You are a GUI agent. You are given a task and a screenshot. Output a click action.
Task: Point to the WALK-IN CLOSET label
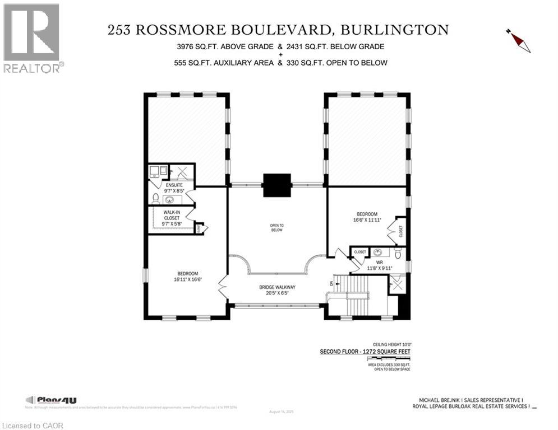click(172, 216)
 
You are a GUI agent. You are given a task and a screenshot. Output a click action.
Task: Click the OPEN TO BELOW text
click(277, 227)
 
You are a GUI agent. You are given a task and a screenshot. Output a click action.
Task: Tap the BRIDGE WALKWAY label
click(277, 287)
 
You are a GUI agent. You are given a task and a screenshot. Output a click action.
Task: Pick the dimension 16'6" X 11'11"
click(368, 219)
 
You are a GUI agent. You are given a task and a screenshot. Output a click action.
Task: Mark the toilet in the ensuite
click(155, 198)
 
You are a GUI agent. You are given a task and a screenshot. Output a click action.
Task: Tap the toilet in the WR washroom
click(398, 254)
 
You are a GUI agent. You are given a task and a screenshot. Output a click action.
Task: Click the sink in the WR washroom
click(378, 253)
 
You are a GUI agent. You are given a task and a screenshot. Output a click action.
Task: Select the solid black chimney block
click(277, 185)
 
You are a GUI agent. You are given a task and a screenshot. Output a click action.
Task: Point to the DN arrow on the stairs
click(332, 283)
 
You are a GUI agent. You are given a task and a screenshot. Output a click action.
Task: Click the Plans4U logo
click(51, 400)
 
